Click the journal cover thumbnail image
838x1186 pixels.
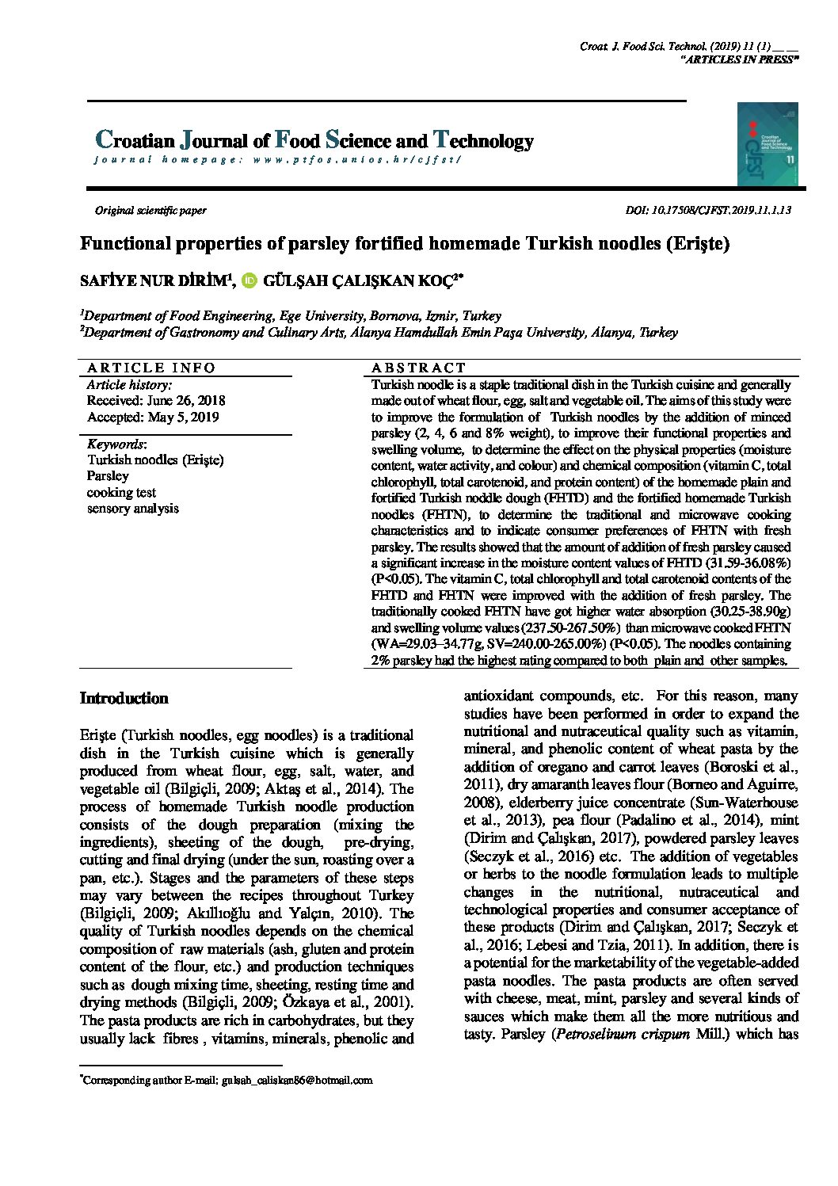[767, 144]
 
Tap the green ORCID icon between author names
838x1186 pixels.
[250, 280]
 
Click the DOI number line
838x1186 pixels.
[707, 211]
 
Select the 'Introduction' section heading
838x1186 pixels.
[124, 699]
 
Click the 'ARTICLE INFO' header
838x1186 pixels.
[151, 368]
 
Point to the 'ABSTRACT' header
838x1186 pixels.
[419, 368]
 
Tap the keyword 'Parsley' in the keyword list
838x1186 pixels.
[108, 476]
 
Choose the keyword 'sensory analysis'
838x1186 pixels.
[133, 509]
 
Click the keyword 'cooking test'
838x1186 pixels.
[121, 493]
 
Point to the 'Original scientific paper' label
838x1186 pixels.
[150, 211]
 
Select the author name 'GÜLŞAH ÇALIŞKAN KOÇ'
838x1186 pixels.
[361, 281]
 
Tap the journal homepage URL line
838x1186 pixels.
[277, 160]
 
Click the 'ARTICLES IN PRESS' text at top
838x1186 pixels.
[740, 60]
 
